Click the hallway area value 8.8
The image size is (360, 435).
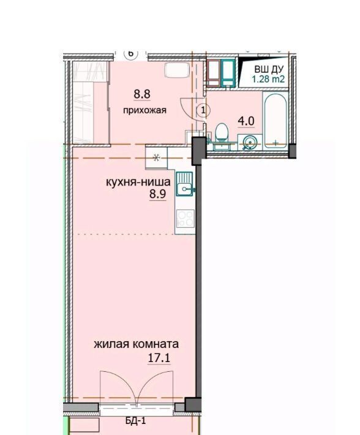click(142, 94)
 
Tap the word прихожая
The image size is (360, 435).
click(144, 110)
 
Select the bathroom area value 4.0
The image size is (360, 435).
click(246, 121)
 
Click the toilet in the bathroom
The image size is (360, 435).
click(222, 132)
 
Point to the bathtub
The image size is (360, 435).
click(275, 121)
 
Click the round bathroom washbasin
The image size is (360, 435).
click(250, 142)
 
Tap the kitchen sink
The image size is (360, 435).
click(184, 184)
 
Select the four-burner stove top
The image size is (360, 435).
click(186, 219)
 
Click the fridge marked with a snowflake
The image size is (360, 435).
click(156, 158)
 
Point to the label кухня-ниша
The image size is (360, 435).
click(138, 183)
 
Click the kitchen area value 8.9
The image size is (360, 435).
click(158, 194)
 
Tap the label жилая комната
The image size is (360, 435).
click(136, 344)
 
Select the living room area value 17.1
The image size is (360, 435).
click(159, 358)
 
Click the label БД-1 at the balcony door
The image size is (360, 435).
click(135, 421)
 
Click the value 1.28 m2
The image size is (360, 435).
click(268, 79)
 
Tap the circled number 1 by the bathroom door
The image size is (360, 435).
click(203, 110)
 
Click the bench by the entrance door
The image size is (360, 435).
click(177, 70)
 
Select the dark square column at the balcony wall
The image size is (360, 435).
click(193, 404)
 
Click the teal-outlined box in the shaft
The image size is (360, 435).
click(228, 73)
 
